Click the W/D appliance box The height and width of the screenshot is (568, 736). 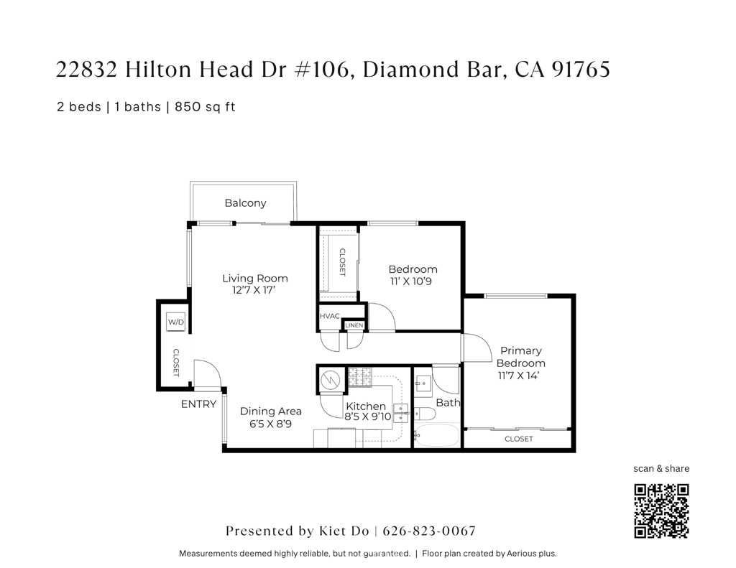point(176,322)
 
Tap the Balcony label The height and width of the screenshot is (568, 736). point(246,203)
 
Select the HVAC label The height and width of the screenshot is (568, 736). point(329,316)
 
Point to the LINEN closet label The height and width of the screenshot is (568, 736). point(354,325)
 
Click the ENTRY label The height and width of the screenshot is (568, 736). point(198,404)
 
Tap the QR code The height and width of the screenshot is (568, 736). point(661,511)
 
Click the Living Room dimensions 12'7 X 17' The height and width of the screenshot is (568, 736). point(254,290)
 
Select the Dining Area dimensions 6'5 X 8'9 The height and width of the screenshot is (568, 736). point(270,424)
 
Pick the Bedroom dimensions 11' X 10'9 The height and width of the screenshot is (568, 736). point(411,281)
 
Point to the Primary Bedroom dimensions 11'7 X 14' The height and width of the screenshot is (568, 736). point(519,376)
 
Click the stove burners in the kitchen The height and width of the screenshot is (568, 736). point(359,377)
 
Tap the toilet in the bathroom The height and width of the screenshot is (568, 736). point(425,414)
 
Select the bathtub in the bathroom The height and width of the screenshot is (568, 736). point(436,435)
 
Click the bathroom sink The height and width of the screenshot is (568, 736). point(423,383)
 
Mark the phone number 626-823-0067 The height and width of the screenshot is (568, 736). point(429,531)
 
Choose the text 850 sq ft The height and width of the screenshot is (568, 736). point(205,107)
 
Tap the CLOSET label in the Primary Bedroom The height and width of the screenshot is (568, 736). point(519,439)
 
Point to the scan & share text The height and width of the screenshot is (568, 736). point(661,469)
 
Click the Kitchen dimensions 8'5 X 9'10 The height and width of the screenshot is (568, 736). point(367,416)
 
